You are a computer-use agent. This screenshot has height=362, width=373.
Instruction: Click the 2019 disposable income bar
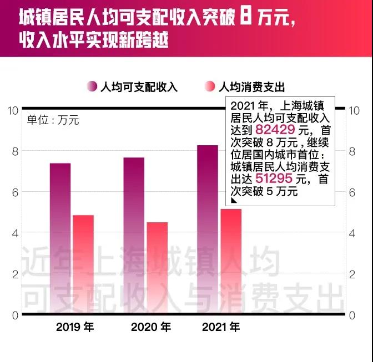point(60,238)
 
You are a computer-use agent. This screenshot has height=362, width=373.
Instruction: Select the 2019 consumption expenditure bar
point(84,264)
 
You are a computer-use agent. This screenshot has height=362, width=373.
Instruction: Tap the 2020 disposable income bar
point(134,236)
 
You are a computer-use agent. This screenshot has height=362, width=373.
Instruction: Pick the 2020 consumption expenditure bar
point(157,268)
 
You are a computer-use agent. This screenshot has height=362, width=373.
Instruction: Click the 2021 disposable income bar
point(208,230)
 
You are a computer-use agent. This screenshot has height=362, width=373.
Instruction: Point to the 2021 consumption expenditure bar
point(231,262)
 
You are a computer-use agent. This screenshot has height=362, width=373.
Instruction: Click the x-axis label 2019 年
point(75,327)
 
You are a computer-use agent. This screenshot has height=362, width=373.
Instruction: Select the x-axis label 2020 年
point(150,327)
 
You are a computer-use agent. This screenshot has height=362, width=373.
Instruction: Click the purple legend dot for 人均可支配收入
point(92,86)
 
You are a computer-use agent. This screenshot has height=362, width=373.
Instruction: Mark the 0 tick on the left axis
point(14,315)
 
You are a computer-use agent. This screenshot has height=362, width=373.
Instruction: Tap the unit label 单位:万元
point(53,120)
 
